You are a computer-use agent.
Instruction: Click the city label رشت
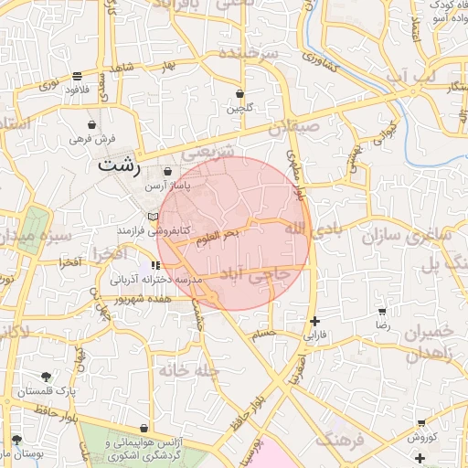pyautogui.click(x=119, y=166)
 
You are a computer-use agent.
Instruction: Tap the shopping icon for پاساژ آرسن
pyautogui.click(x=166, y=172)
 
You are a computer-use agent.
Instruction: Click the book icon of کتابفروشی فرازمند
pyautogui.click(x=153, y=218)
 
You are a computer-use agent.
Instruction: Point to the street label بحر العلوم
pyautogui.click(x=218, y=239)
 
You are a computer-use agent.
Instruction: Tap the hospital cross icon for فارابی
pyautogui.click(x=315, y=321)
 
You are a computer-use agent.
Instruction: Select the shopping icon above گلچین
pyautogui.click(x=240, y=94)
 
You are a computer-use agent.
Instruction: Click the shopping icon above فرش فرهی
pyautogui.click(x=91, y=124)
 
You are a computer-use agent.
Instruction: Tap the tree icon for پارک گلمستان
pyautogui.click(x=46, y=377)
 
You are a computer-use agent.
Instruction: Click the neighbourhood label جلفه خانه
pyautogui.click(x=186, y=370)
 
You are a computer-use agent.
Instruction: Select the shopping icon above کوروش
pyautogui.click(x=420, y=423)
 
